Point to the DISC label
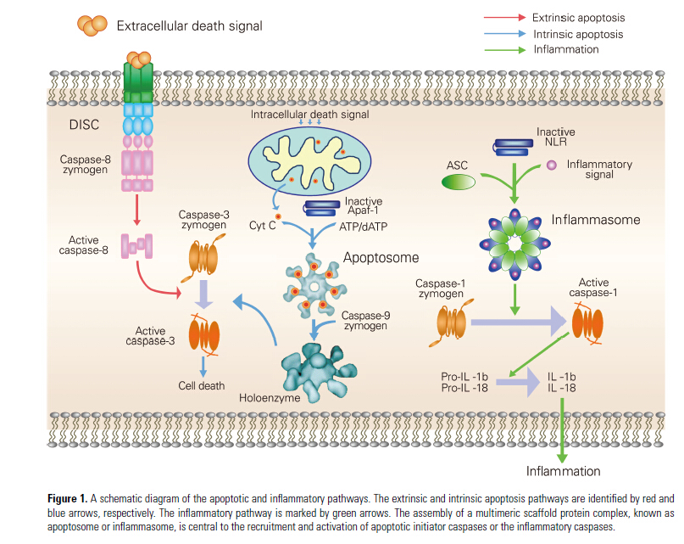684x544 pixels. (x=84, y=125)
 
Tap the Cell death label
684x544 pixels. (x=202, y=386)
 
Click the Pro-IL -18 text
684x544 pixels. (x=458, y=387)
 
